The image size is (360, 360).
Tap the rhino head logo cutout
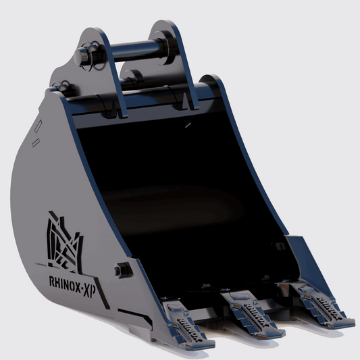[62, 240]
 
